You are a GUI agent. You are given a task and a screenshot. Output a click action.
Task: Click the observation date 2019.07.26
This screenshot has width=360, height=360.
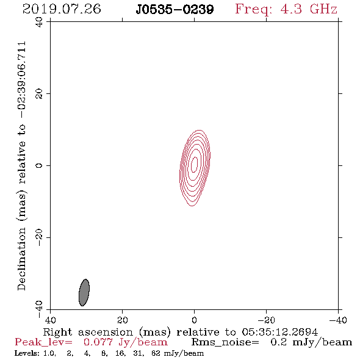click(x=62, y=9)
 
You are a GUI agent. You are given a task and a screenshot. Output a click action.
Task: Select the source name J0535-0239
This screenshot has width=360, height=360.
click(x=175, y=9)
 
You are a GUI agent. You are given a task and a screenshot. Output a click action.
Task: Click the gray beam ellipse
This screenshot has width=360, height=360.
click(x=84, y=292)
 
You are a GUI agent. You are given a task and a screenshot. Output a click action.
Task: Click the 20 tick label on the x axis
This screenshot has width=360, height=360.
click(x=122, y=320)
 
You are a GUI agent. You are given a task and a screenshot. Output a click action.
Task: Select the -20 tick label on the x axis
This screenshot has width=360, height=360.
click(x=266, y=320)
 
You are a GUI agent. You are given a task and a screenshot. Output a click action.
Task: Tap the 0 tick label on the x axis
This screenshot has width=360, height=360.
click(x=194, y=320)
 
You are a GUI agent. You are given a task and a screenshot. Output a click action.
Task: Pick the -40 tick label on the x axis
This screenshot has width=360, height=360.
click(x=338, y=320)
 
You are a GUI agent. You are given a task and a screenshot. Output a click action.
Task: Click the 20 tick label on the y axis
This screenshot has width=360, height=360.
click(x=39, y=94)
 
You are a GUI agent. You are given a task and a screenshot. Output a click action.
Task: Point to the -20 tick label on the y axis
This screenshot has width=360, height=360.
click(x=39, y=237)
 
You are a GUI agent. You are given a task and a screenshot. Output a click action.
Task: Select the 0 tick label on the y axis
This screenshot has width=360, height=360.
click(x=39, y=165)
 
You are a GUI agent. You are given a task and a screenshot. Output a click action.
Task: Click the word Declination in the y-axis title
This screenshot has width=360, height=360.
click(x=21, y=259)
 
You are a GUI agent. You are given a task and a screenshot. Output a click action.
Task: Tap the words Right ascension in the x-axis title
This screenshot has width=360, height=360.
click(x=88, y=332)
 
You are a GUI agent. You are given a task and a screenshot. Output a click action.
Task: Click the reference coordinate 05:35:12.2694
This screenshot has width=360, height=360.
click(x=279, y=332)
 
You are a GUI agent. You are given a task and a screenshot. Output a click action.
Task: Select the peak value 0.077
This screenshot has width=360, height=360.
click(x=98, y=342)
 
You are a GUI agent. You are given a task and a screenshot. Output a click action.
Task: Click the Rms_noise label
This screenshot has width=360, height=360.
click(x=225, y=342)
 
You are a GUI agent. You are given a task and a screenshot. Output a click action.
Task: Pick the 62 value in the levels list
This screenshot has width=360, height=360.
click(x=156, y=353)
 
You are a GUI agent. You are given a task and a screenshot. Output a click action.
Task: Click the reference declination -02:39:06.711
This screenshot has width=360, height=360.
click(x=22, y=80)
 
